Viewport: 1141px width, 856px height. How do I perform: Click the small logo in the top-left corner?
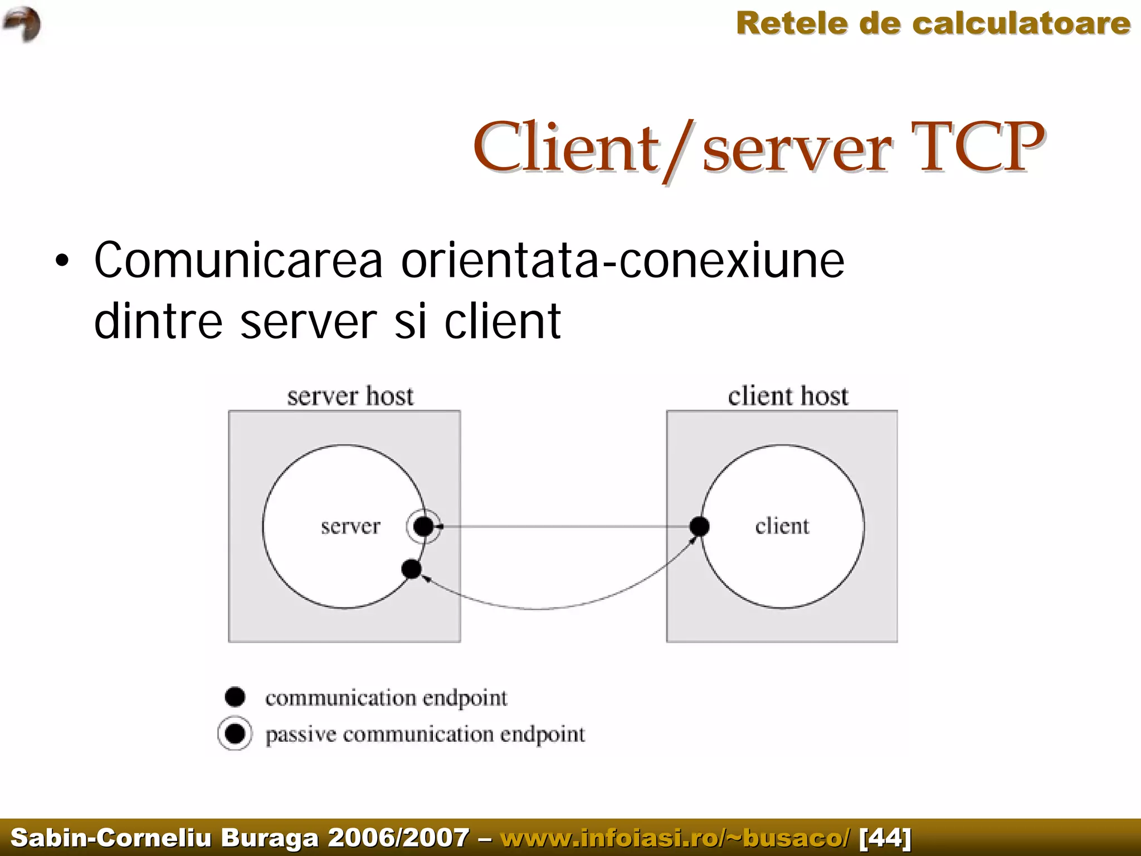point(22,24)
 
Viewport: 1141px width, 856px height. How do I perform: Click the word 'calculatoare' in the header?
point(1021,24)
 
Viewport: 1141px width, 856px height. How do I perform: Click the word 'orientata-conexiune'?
point(622,260)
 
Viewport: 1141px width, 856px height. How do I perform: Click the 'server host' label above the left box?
point(350,397)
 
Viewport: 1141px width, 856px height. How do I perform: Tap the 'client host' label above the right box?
point(788,397)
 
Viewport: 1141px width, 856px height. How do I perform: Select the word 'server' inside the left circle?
point(350,526)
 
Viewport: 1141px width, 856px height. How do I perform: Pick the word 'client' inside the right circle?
point(782,526)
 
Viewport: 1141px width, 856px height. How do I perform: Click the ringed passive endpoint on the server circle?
point(423,526)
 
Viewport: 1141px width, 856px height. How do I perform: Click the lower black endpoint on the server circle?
point(411,569)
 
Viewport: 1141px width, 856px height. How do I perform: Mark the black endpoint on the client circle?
point(699,526)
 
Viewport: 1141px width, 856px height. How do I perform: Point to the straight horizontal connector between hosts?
point(563,526)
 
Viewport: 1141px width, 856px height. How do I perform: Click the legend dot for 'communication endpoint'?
point(235,697)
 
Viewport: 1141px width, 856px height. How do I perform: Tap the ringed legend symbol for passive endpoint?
point(235,733)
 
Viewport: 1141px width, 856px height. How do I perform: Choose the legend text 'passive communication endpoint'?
point(425,735)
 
